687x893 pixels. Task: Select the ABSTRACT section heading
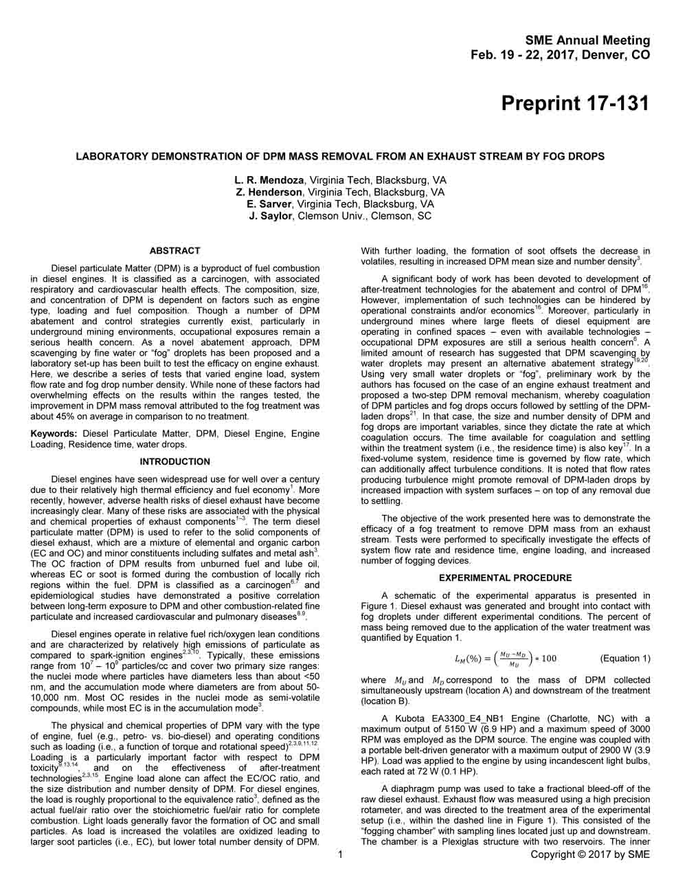(x=174, y=251)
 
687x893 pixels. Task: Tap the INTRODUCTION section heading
(x=174, y=461)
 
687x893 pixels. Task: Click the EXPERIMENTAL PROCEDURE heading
(x=505, y=578)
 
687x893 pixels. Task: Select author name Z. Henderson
(x=269, y=192)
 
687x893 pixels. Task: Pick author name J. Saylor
(x=271, y=216)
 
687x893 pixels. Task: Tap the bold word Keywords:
(x=54, y=434)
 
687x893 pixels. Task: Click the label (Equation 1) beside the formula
(x=624, y=659)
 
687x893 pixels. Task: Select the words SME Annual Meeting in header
(x=587, y=41)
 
